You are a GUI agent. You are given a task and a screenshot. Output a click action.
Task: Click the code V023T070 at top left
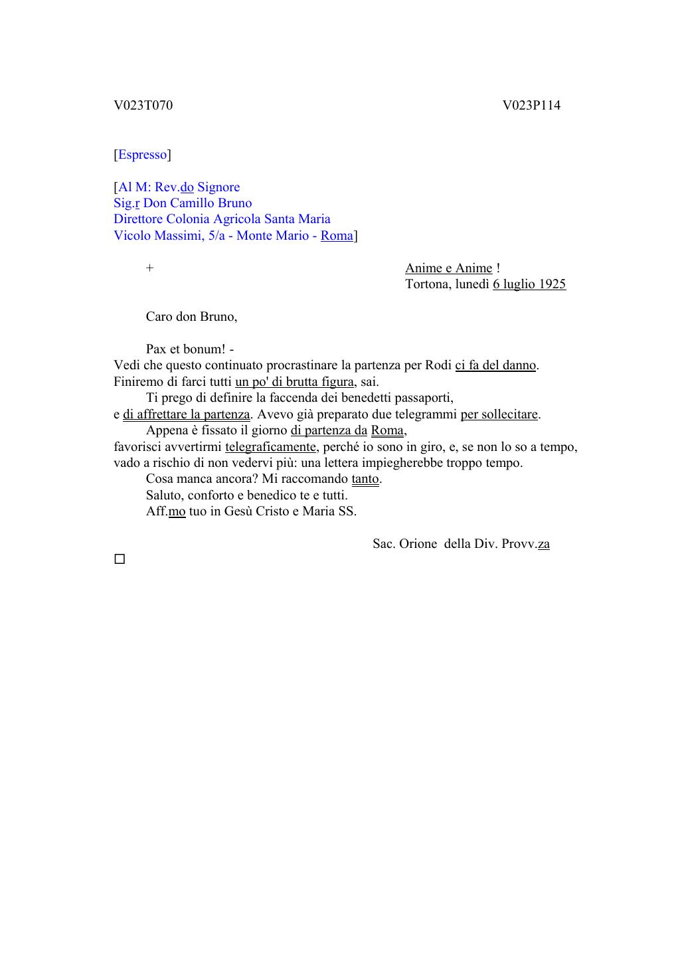(x=143, y=106)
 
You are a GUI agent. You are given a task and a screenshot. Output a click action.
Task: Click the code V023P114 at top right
(x=531, y=106)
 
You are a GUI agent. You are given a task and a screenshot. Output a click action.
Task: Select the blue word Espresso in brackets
(x=142, y=155)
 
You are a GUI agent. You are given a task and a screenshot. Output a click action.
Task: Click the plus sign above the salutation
(x=150, y=268)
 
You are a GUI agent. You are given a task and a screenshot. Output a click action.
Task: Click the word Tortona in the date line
(x=428, y=284)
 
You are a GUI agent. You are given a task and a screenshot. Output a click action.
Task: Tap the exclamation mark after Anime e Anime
(x=498, y=268)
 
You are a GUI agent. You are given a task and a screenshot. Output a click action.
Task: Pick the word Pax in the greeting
(x=156, y=349)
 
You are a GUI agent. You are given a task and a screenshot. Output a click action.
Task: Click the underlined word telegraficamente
(x=270, y=447)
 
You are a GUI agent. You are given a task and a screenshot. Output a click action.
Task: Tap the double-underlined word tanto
(x=365, y=479)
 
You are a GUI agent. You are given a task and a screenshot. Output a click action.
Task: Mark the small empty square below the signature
(x=120, y=559)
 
